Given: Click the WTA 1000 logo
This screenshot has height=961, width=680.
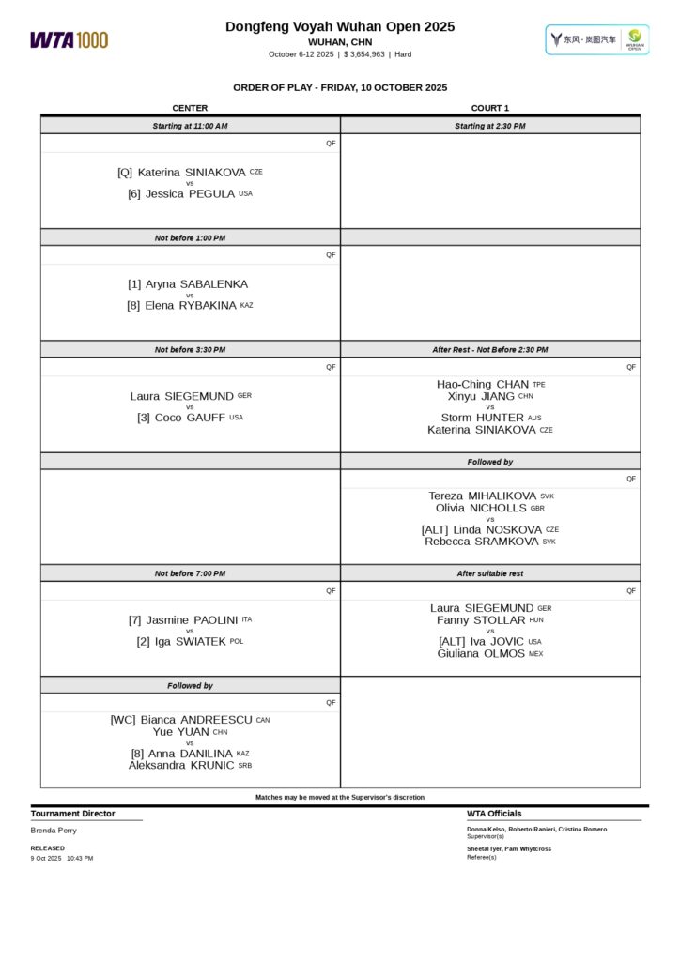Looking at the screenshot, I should [69, 39].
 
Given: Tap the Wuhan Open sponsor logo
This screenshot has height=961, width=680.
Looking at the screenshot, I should [597, 39].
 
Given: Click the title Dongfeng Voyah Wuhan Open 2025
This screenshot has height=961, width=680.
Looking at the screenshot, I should [340, 27].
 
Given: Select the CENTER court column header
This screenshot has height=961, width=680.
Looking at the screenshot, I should [190, 108].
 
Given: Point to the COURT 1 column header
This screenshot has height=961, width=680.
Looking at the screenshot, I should [490, 108].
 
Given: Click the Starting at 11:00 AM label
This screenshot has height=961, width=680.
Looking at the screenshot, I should [190, 126].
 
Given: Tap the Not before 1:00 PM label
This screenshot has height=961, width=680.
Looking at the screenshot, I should [190, 238].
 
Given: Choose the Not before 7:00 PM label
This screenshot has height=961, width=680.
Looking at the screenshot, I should [190, 573].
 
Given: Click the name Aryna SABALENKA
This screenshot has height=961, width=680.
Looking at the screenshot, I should [197, 283].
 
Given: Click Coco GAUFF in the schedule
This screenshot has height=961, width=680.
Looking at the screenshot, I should [190, 418].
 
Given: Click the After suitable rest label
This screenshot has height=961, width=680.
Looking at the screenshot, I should [490, 573].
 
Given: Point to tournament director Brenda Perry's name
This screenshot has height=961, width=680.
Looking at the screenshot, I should [54, 831].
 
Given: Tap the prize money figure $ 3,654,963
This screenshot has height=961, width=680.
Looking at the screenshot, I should [363, 54].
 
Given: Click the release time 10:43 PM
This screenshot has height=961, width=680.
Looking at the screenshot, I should [80, 858].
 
